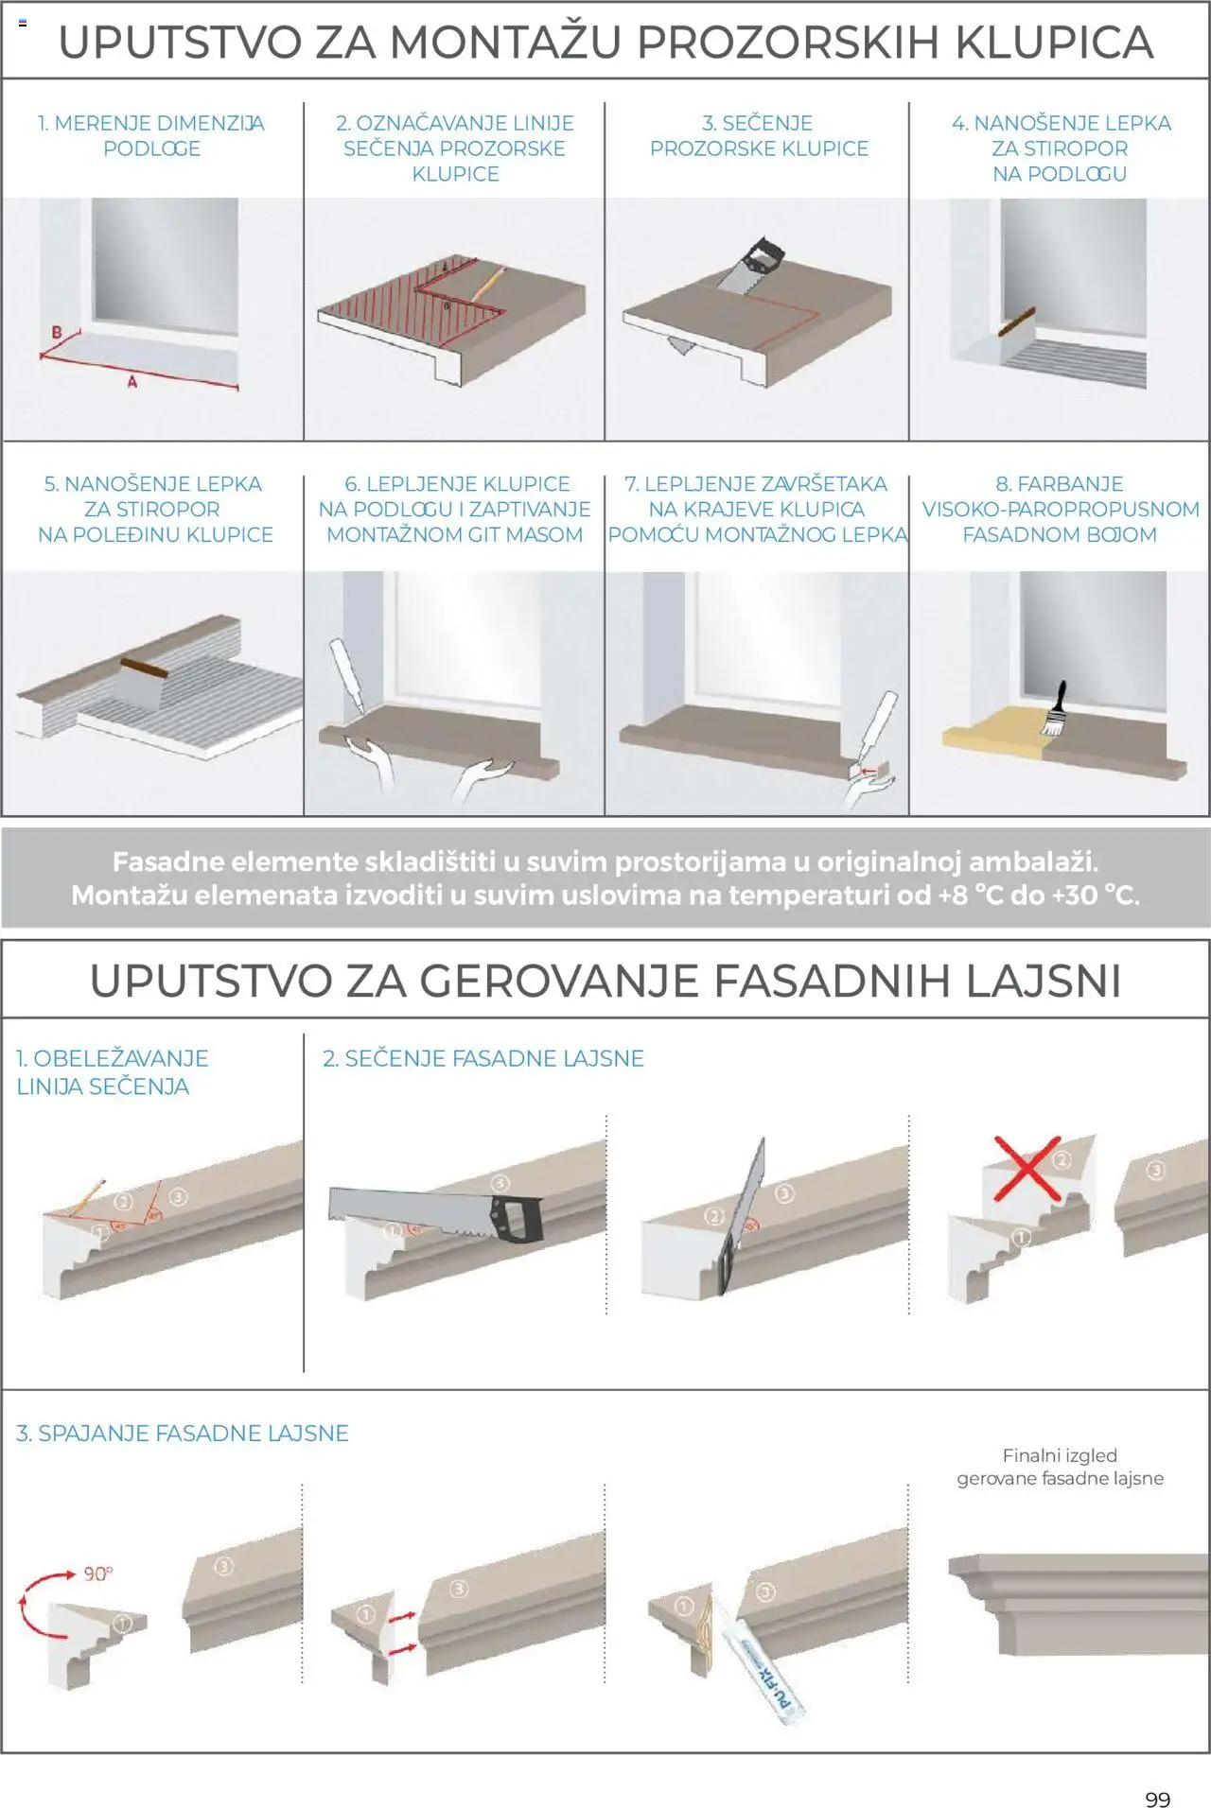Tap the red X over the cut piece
click(x=1027, y=1169)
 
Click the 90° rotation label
click(x=97, y=1573)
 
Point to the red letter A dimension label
click(x=132, y=382)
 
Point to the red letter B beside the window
click(x=56, y=332)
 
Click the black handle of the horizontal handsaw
click(x=518, y=1217)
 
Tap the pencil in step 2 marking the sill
click(x=487, y=281)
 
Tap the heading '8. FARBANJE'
click(x=1059, y=484)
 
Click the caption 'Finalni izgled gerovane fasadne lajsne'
click(x=1060, y=1467)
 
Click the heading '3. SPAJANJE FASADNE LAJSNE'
click(x=182, y=1434)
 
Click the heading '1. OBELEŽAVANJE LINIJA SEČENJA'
click(x=112, y=1072)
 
